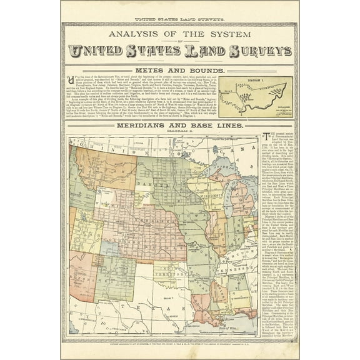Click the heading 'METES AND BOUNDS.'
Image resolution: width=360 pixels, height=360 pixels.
(x=179, y=71)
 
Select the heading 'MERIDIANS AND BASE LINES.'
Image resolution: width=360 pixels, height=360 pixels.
(x=179, y=125)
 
